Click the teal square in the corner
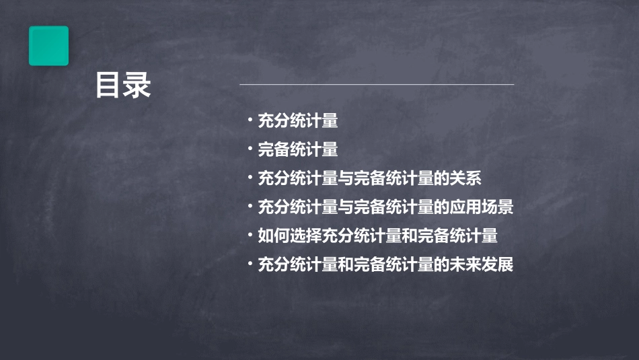[48, 46]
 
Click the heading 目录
[123, 85]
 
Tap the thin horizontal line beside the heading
[377, 84]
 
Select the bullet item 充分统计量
[298, 121]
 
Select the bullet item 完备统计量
[298, 150]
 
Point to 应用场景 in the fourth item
[482, 207]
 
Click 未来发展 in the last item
[482, 265]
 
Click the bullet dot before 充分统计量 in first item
[250, 121]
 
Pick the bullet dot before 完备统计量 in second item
[250, 150]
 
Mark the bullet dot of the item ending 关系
[250, 179]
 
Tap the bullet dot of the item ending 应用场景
[250, 207]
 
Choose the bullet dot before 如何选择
[250, 236]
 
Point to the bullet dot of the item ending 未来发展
[250, 265]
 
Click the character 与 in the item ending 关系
[346, 179]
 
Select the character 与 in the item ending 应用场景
[346, 207]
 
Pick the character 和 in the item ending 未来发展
[346, 265]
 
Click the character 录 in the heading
[137, 85]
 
